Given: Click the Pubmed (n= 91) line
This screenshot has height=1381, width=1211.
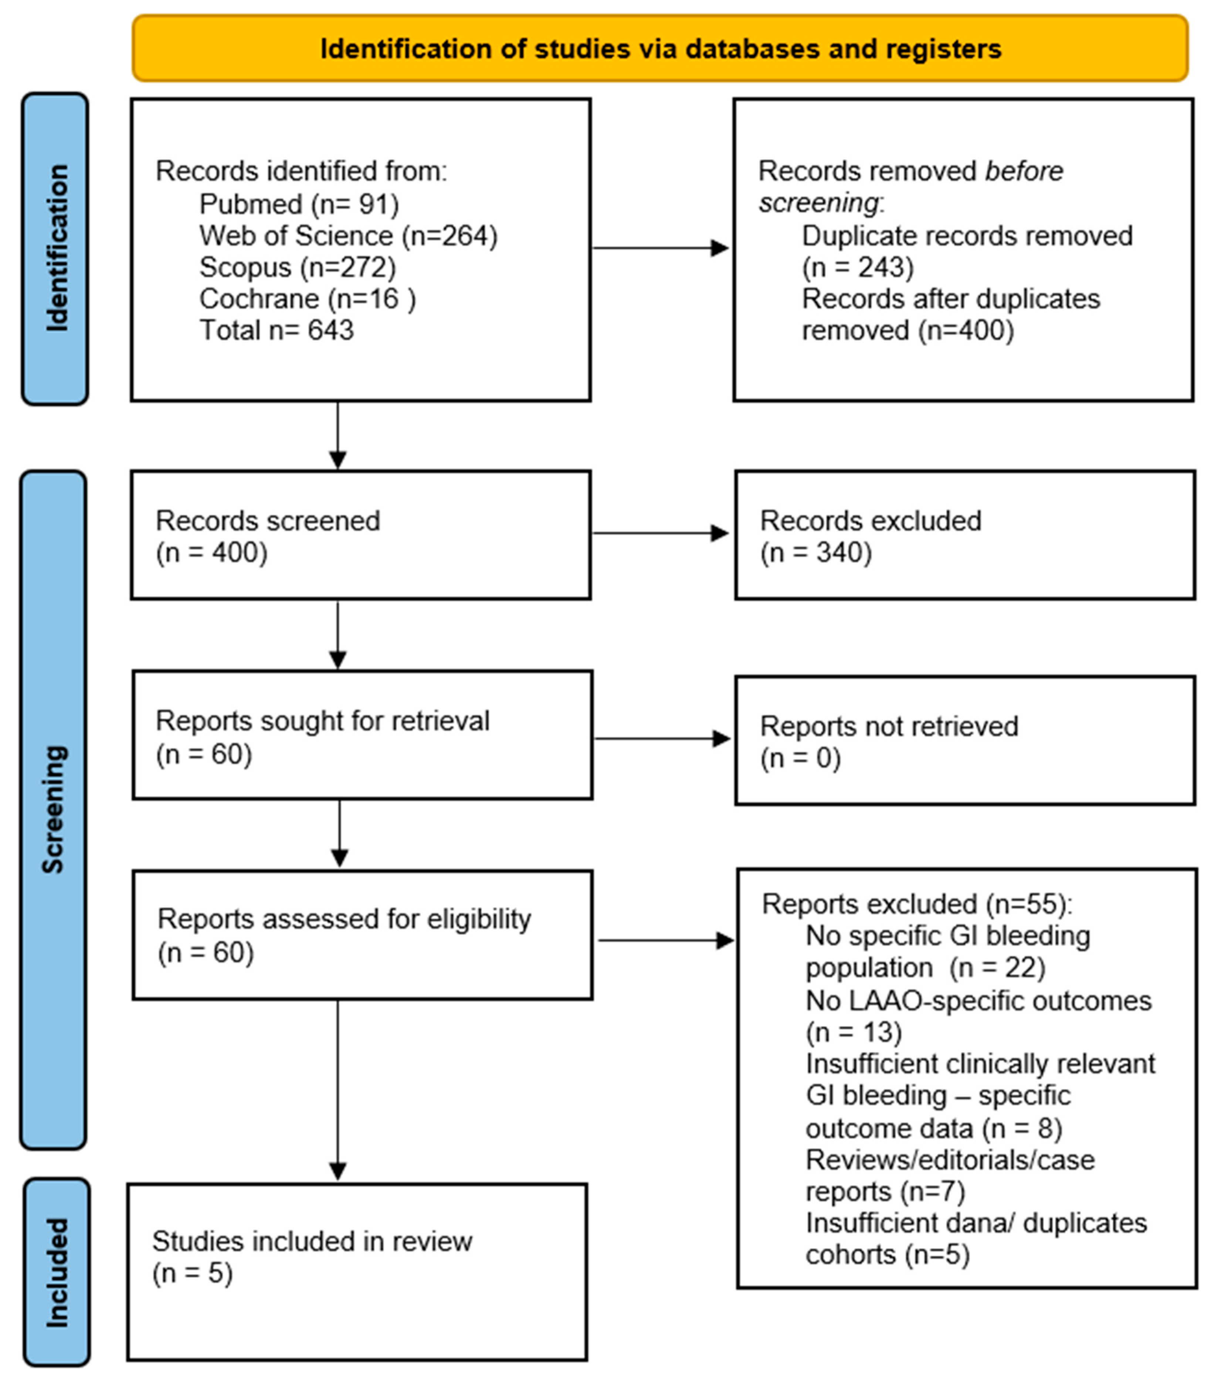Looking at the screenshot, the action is coord(299,204).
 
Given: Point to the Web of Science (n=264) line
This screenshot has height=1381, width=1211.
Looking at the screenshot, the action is coord(348,236).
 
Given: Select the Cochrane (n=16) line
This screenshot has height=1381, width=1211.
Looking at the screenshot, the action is coord(308,299).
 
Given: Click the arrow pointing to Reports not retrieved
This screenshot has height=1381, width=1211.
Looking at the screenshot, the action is coord(662,739).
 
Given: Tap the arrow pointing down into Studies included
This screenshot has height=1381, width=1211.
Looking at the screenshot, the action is coord(338,1090).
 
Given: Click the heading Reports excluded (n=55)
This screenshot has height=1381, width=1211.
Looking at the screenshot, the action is coord(917,904).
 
